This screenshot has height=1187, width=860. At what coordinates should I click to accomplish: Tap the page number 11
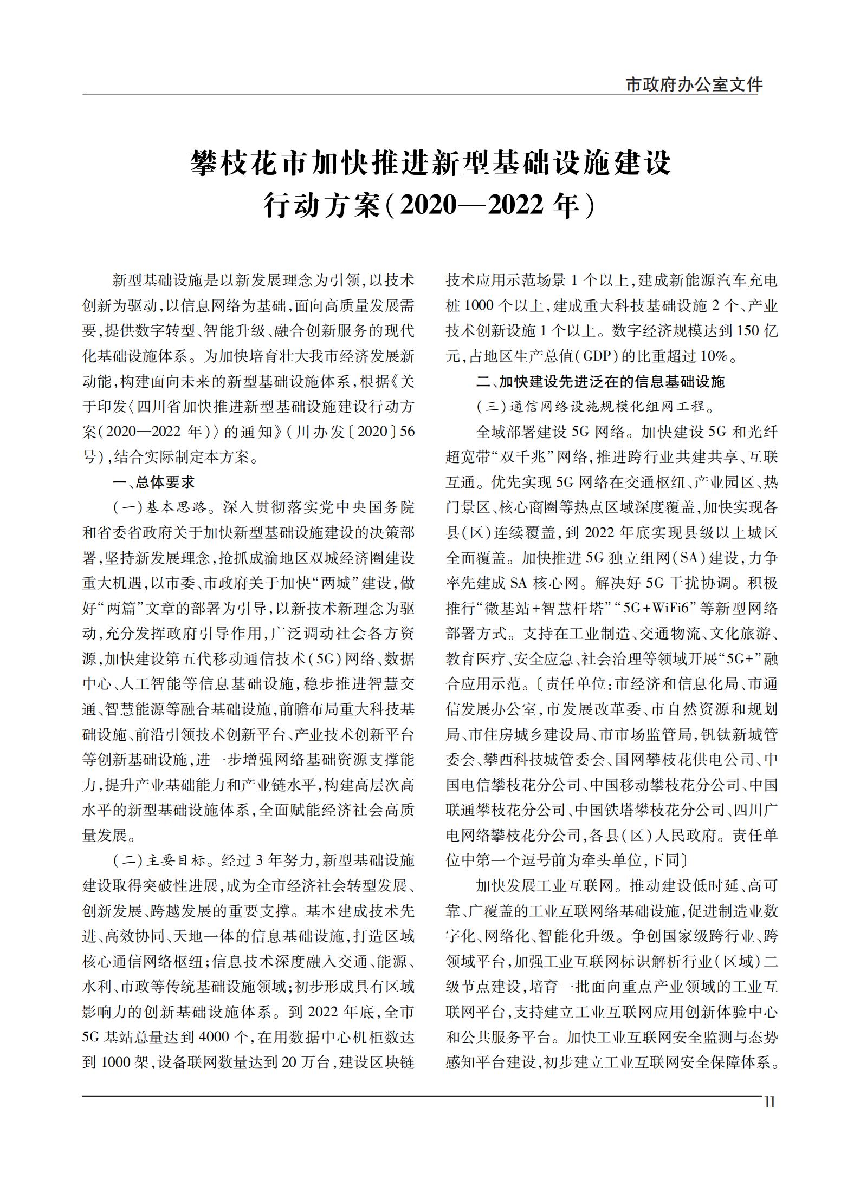click(769, 1103)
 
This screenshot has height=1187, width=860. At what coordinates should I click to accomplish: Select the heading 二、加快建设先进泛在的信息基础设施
click(600, 381)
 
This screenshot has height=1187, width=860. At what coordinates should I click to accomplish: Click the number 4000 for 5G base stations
click(216, 1037)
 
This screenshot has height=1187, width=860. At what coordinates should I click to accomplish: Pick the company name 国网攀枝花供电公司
click(684, 759)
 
